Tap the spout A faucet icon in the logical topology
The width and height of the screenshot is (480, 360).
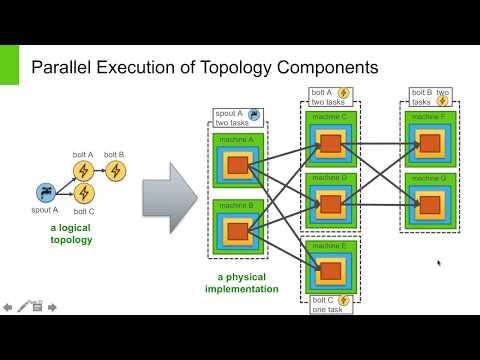click(45, 192)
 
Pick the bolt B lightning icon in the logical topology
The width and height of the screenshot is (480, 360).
click(114, 171)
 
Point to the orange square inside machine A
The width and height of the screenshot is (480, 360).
click(237, 165)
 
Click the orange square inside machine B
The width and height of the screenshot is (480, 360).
click(237, 233)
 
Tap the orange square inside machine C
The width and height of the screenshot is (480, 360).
click(329, 143)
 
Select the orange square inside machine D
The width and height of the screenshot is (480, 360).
click(329, 203)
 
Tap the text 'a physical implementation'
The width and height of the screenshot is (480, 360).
click(240, 283)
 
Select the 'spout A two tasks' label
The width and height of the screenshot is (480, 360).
click(232, 118)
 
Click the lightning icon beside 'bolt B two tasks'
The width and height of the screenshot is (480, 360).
click(442, 101)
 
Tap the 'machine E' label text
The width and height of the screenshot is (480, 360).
click(329, 244)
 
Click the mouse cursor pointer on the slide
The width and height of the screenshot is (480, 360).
click(438, 264)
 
